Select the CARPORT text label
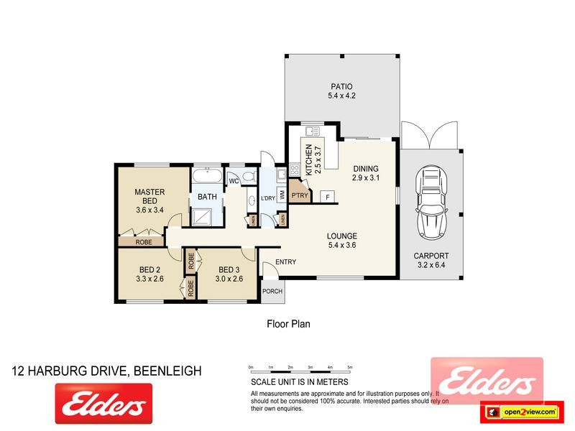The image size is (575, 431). click(431, 256)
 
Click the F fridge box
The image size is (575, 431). click(328, 197)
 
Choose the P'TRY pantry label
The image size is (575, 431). click(299, 195)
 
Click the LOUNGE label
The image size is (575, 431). click(342, 236)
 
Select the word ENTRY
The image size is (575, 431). click(285, 262)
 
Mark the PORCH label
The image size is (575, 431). click(272, 291)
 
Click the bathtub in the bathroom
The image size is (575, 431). click(208, 176)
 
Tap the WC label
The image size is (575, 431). click(234, 180)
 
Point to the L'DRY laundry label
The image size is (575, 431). click(268, 198)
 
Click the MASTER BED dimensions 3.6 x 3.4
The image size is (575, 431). click(150, 210)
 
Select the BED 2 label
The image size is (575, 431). click(152, 270)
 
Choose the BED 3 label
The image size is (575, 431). click(231, 270)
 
